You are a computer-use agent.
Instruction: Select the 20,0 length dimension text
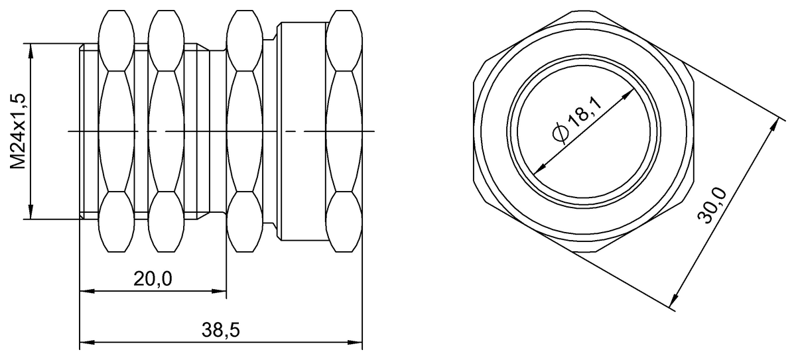point(153,279)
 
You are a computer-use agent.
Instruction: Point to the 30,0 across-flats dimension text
point(715,206)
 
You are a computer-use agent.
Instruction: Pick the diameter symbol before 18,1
point(559,133)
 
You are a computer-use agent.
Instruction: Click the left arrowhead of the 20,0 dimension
point(85,290)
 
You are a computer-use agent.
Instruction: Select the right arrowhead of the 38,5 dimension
point(358,343)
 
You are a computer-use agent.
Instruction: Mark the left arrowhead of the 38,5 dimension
point(85,343)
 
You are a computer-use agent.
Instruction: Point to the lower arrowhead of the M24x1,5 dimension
point(31,213)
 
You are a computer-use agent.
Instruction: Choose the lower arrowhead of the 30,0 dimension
point(676,304)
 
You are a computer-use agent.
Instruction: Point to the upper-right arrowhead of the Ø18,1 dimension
point(628,95)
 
